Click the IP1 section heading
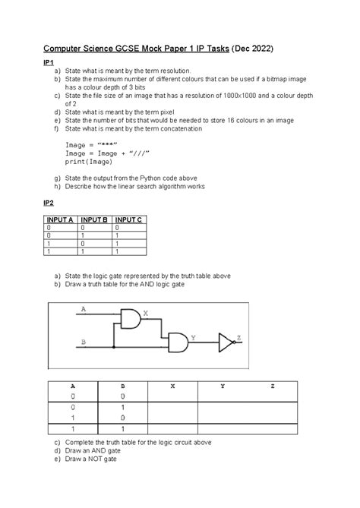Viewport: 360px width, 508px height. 49,65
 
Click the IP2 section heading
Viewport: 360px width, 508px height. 49,204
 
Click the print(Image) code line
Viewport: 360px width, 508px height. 88,162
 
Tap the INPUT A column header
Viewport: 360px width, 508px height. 62,219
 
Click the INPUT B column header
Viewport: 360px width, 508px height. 95,219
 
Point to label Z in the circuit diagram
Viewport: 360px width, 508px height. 239,337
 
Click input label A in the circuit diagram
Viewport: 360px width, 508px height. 83,309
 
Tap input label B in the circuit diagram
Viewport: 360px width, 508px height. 83,342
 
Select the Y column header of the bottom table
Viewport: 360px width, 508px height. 223,386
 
